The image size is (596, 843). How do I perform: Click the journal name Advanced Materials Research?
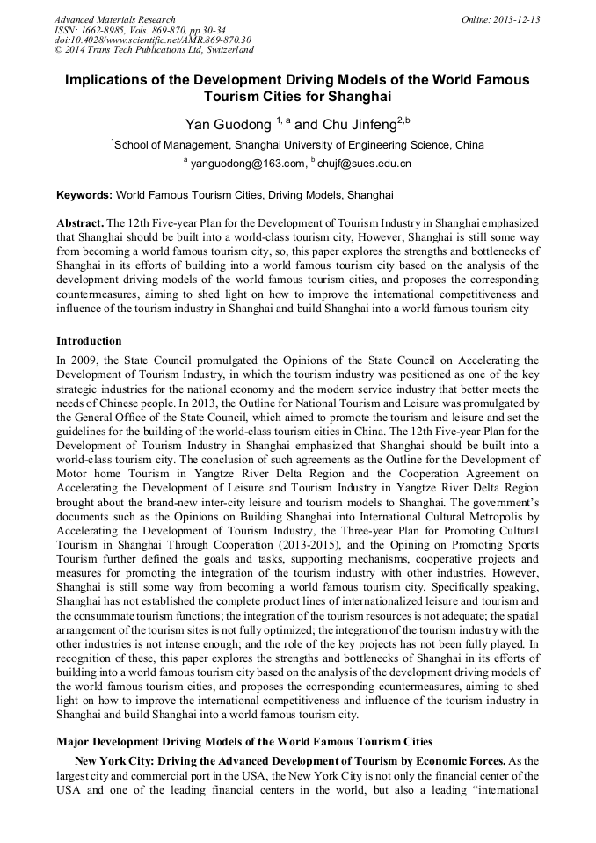pyautogui.click(x=115, y=19)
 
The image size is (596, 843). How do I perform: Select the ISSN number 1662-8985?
pyautogui.click(x=105, y=30)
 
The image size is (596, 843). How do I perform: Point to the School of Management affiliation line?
pyautogui.click(x=297, y=145)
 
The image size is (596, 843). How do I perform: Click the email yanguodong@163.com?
pyautogui.click(x=246, y=164)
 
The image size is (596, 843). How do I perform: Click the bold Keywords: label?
pyautogui.click(x=84, y=195)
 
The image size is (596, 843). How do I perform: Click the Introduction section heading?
pyautogui.click(x=89, y=340)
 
